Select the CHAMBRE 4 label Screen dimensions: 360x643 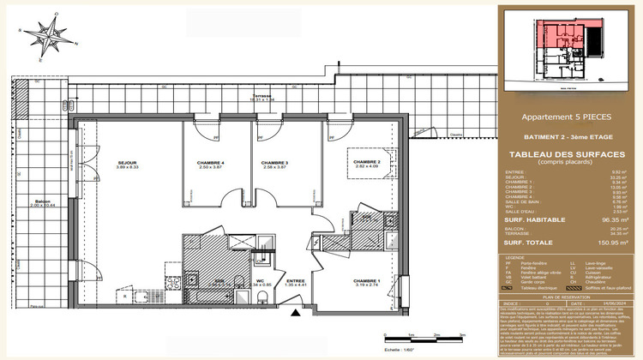(x=210, y=164)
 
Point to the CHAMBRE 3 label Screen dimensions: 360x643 (x=274, y=164)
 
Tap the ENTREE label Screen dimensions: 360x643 (x=295, y=281)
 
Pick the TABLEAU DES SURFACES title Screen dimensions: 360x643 (x=568, y=154)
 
